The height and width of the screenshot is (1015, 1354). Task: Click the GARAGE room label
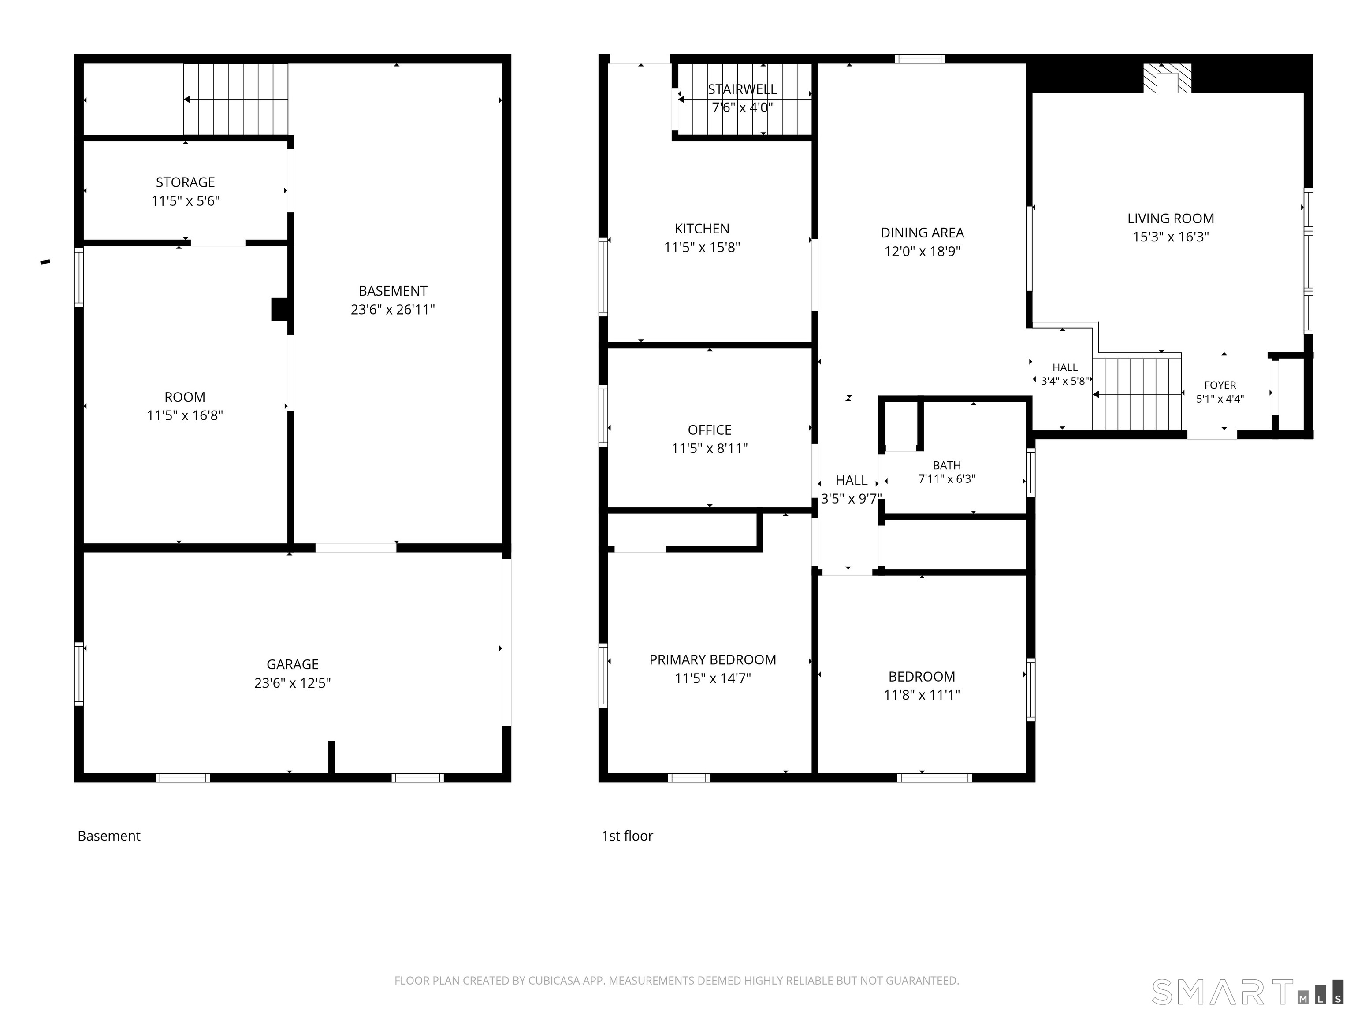point(293,664)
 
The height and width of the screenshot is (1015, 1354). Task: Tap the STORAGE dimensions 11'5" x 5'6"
point(186,201)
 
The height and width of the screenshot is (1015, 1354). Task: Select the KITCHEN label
point(702,229)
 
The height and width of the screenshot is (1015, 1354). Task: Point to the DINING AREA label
point(923,233)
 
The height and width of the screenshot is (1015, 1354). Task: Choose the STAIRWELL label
point(743,89)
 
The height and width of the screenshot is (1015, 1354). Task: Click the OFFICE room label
point(710,430)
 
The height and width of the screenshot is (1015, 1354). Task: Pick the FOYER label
point(1220,385)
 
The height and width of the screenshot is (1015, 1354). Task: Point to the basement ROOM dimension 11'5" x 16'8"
point(185,415)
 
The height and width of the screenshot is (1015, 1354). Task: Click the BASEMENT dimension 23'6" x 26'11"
point(393,310)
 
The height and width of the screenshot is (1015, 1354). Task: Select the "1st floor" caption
point(628,836)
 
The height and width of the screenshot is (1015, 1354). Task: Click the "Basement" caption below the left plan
point(109,836)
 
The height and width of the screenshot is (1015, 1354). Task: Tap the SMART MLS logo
point(1247,992)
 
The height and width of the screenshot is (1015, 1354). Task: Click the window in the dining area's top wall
point(920,59)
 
